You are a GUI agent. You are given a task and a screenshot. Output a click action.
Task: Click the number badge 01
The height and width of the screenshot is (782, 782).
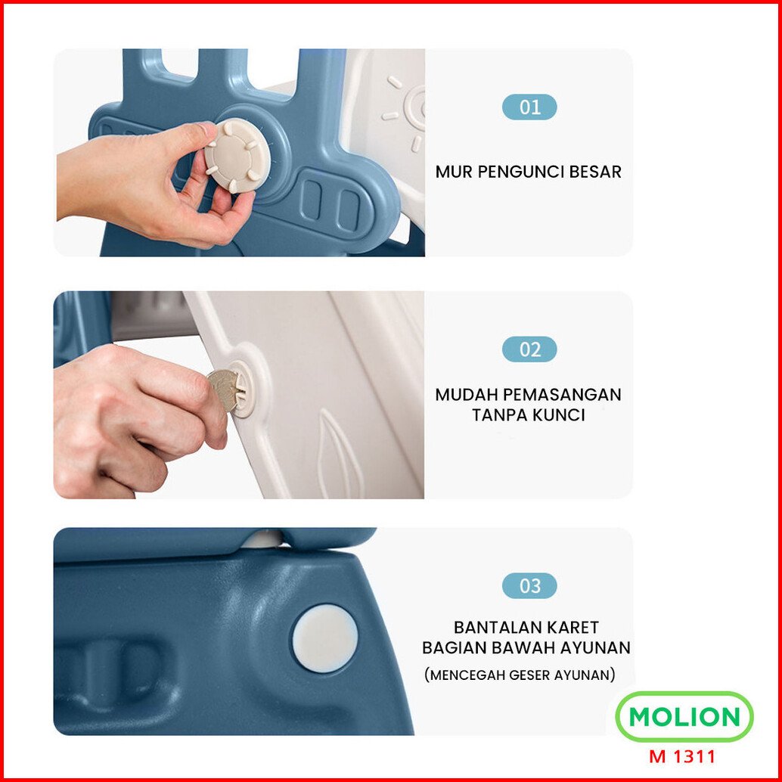click(529, 107)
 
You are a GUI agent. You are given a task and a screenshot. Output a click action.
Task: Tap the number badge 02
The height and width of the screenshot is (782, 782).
click(529, 349)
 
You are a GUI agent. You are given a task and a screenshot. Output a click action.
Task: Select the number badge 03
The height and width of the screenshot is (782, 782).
click(529, 585)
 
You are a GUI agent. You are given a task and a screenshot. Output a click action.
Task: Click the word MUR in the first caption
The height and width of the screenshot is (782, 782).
click(453, 172)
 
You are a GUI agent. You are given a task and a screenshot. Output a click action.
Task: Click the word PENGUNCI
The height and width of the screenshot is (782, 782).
click(520, 172)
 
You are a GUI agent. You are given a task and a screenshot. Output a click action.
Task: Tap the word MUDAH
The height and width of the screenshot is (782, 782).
click(466, 395)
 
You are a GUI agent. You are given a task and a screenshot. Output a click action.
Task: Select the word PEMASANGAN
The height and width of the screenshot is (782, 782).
click(562, 395)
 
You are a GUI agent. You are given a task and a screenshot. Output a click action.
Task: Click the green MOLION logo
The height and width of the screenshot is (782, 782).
click(684, 717)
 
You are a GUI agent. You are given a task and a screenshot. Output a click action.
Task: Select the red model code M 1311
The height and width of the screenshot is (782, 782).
click(681, 756)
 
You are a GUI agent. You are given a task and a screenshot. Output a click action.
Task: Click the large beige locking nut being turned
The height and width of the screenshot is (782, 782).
click(238, 156)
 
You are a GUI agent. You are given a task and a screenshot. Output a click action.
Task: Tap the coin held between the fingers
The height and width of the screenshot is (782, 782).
click(223, 389)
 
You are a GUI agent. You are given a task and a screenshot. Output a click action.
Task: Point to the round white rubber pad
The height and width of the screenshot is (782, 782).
click(324, 638)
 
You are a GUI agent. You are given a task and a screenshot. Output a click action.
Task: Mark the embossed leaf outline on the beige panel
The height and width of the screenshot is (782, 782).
click(339, 454)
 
